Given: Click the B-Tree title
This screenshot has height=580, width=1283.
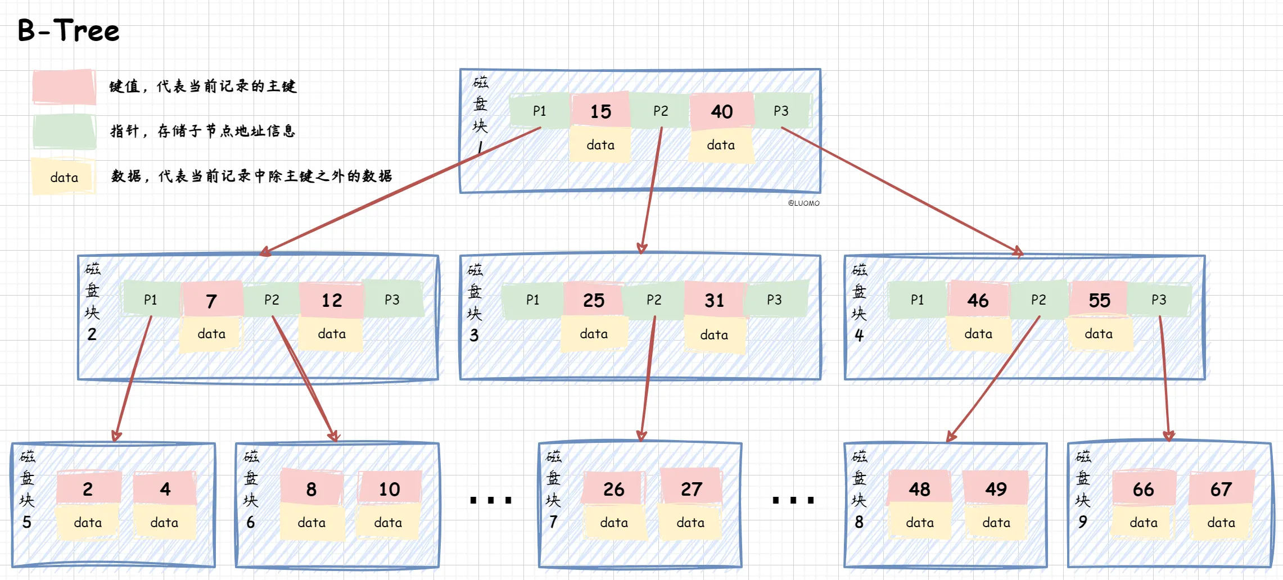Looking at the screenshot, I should coord(69,31).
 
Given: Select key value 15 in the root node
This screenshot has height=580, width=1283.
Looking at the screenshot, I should coord(600,111).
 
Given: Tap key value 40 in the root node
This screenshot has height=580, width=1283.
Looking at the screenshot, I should coord(721,111).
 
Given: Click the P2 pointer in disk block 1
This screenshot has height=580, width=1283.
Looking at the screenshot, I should coord(661,111).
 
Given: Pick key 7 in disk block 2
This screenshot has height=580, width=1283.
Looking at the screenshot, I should coord(211,300).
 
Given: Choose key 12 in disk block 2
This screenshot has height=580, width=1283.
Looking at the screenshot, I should coord(332,300).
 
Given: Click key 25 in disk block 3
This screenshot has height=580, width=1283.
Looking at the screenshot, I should coord(594,300).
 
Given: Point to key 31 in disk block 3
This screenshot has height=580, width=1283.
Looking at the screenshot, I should coord(714,300).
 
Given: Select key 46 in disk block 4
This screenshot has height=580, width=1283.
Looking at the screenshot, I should coord(978,300).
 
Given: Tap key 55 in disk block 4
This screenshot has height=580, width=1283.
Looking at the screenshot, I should coord(1099,300).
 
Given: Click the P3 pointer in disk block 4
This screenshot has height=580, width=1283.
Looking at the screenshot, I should coord(1159,300).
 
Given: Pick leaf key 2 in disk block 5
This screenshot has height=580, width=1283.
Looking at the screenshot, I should coord(88,488).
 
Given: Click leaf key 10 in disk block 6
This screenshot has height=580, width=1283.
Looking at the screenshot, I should coord(389,488).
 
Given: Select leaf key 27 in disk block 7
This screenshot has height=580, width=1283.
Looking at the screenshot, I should coord(691,488).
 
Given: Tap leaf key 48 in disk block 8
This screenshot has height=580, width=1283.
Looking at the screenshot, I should coord(920,488).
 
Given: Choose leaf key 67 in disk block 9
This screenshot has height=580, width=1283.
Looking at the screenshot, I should coord(1221,488).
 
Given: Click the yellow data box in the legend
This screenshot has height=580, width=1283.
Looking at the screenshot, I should coord(64,177).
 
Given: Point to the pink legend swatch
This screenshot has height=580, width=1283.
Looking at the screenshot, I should coord(64,87).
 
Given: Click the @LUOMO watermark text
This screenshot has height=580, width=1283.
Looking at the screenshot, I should coord(803,203).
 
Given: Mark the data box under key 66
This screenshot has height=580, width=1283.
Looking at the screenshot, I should coord(1144,523).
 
